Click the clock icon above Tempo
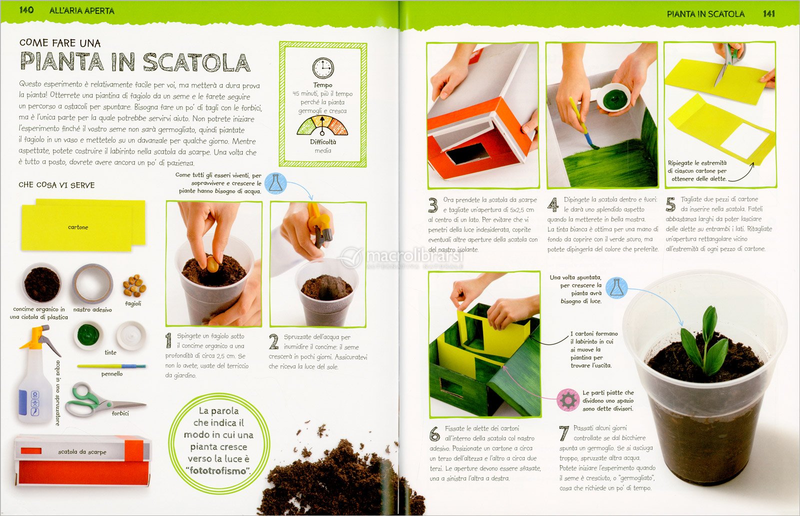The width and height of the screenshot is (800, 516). pyautogui.click(x=323, y=68)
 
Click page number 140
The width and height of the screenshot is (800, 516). pyautogui.click(x=26, y=10)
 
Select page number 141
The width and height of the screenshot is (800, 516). pyautogui.click(x=768, y=14)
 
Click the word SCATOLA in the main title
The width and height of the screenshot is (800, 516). pyautogui.click(x=197, y=62)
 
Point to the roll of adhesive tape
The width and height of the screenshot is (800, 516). pyautogui.click(x=92, y=284)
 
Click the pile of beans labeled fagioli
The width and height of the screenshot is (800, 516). pyautogui.click(x=134, y=285)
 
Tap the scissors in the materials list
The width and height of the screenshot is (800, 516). pyautogui.click(x=105, y=400)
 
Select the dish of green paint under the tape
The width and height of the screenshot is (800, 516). pyautogui.click(x=88, y=335)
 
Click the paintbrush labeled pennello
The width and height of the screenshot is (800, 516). pyautogui.click(x=111, y=366)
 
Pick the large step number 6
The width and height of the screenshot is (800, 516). pyautogui.click(x=434, y=434)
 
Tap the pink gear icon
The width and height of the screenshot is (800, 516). pyautogui.click(x=568, y=400)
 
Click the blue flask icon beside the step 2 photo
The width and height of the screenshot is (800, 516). pyautogui.click(x=275, y=183)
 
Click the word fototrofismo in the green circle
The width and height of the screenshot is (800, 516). pyautogui.click(x=218, y=470)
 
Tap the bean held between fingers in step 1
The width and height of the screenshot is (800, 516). pyautogui.click(x=212, y=264)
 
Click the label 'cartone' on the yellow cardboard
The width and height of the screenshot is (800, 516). pyautogui.click(x=78, y=227)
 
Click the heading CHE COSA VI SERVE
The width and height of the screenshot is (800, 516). pyautogui.click(x=57, y=185)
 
